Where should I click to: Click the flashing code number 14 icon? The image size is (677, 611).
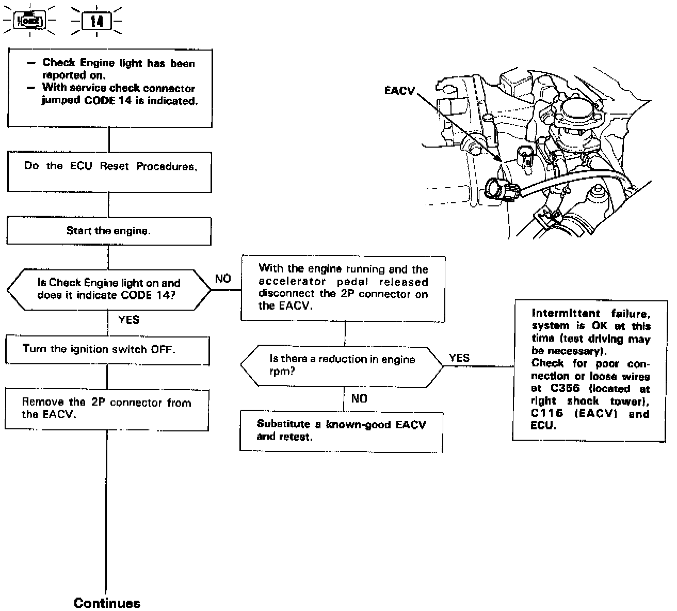pyautogui.click(x=97, y=21)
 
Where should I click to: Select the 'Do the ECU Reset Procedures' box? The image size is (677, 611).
pyautogui.click(x=109, y=172)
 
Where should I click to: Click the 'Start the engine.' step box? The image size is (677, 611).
pyautogui.click(x=108, y=231)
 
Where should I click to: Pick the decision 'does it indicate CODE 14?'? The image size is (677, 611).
pyautogui.click(x=109, y=290)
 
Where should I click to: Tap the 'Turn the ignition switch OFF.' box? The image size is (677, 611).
pyautogui.click(x=107, y=351)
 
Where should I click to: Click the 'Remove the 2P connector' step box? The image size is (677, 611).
pyautogui.click(x=107, y=410)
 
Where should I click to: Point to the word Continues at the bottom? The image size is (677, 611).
pyautogui.click(x=107, y=603)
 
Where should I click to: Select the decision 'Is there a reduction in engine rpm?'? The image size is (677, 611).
pyautogui.click(x=342, y=365)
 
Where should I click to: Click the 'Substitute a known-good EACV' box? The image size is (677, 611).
pyautogui.click(x=341, y=431)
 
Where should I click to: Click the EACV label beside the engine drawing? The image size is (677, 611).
pyautogui.click(x=399, y=91)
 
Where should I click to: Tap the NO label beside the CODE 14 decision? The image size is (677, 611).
pyautogui.click(x=223, y=279)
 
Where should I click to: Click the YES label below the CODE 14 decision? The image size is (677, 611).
pyautogui.click(x=128, y=320)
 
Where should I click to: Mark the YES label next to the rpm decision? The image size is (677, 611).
pyautogui.click(x=459, y=358)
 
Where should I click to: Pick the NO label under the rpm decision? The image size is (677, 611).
pyautogui.click(x=359, y=398)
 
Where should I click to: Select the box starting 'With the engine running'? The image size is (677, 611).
pyautogui.click(x=343, y=287)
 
